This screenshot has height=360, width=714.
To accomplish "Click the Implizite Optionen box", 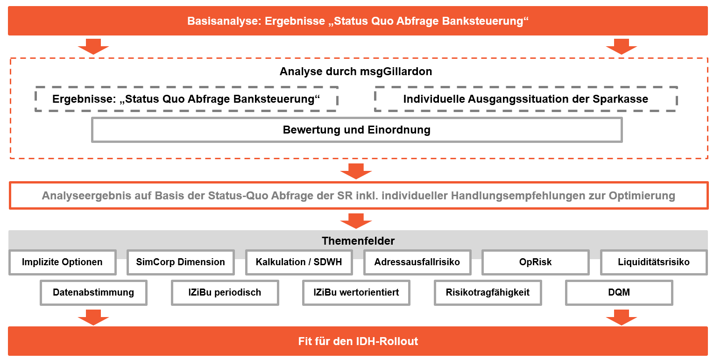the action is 63,262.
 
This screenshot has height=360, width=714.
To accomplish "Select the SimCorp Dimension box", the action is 181,262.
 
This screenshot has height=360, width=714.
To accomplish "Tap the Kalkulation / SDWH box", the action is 299,262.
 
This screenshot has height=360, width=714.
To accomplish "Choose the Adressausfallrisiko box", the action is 417,262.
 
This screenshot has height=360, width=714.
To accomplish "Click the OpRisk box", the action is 536,262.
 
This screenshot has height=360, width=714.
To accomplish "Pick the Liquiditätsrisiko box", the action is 654,262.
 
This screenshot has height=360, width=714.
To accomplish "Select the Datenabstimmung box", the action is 94,292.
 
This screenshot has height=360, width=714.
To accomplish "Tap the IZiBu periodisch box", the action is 225,292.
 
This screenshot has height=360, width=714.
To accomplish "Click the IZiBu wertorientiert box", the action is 356,292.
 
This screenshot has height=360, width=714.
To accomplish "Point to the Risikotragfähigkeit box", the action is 488,292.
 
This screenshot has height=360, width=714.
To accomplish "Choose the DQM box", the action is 619,292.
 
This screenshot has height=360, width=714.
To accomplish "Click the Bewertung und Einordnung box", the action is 357,130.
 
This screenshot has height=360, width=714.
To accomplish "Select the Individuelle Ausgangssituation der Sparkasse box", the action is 526,99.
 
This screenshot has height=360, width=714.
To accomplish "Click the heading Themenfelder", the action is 358,241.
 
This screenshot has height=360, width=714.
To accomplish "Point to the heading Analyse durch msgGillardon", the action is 356,71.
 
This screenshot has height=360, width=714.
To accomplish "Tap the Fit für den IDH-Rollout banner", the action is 358,341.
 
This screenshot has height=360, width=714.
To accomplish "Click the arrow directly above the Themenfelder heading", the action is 356,221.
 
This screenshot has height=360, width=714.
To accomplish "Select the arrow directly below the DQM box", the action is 622,318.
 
